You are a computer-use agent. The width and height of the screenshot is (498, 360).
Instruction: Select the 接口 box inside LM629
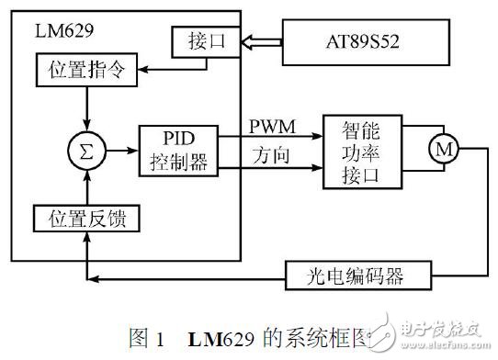coord(203,42)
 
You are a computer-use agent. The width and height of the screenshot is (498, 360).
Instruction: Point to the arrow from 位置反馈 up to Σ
coord(85,188)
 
